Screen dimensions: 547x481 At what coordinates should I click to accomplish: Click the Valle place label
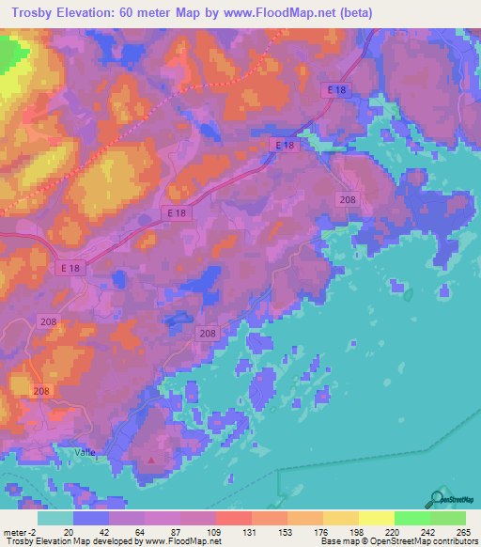click(x=85, y=451)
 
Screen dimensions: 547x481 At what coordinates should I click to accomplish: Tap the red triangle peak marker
click(x=152, y=461)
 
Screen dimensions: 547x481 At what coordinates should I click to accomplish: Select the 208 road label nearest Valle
click(x=41, y=391)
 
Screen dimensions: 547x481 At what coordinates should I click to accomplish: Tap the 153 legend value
click(x=286, y=531)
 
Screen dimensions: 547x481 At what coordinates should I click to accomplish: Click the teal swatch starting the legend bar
click(x=54, y=518)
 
